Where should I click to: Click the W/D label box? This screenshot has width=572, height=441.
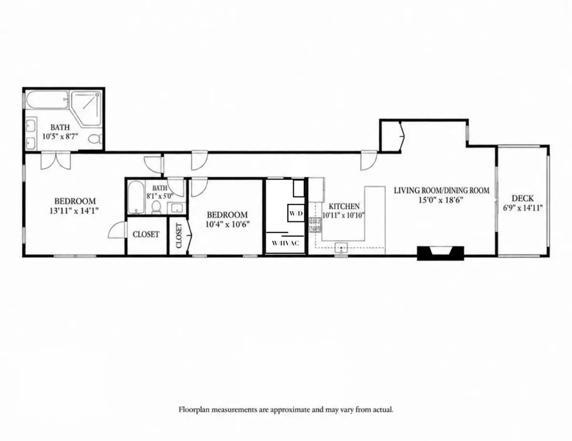tap(296, 213)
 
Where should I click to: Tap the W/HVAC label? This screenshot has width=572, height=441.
tap(286, 243)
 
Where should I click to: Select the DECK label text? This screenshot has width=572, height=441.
tap(522, 198)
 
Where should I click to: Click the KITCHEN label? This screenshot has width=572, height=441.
tap(344, 206)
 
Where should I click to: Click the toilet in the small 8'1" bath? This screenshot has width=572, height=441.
tap(156, 207)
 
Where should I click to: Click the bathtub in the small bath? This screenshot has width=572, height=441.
tap(136, 197)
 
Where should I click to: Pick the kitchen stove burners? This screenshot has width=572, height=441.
tap(315, 225)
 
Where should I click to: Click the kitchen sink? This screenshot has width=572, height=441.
tap(341, 248)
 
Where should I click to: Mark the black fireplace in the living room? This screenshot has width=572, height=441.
tap(440, 253)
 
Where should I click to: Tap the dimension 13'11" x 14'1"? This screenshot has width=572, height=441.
tap(74, 210)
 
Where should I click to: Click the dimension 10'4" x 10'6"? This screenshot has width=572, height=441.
tap(227, 224)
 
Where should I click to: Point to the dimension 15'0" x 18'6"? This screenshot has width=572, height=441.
tap(441, 200)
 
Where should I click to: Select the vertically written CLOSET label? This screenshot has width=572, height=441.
tap(179, 235)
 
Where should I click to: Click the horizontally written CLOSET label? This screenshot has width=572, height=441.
tap(146, 234)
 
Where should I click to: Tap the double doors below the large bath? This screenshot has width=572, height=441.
tap(56, 161)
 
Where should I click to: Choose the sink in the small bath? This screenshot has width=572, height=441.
tap(177, 208)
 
